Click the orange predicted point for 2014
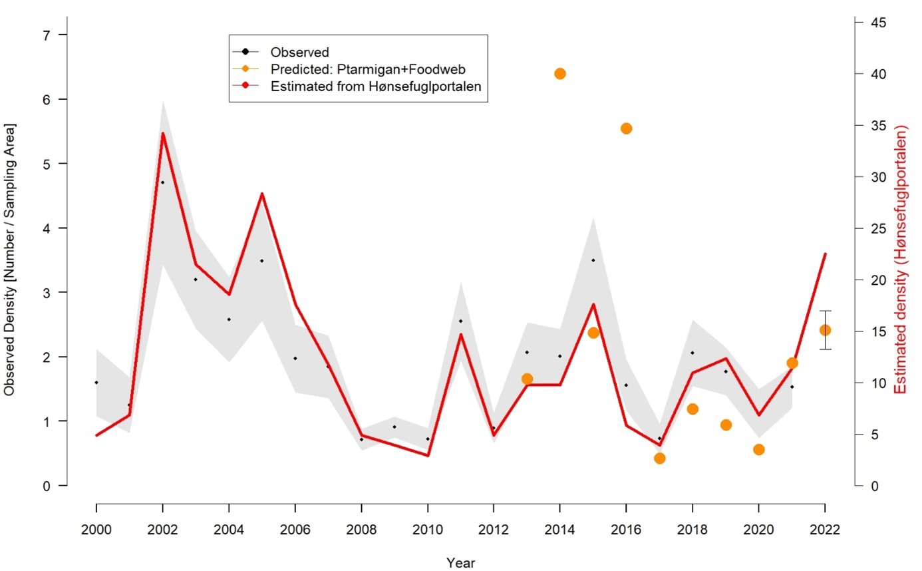click(x=559, y=73)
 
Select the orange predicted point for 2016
click(x=626, y=128)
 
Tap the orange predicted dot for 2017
click(x=659, y=458)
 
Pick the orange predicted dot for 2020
click(x=758, y=449)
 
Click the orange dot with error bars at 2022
click(x=825, y=330)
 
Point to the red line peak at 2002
click(x=162, y=133)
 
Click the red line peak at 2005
click(x=262, y=194)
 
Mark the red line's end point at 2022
click(x=825, y=254)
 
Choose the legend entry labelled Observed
click(x=299, y=52)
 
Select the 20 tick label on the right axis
click(x=879, y=280)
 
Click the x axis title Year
click(x=460, y=562)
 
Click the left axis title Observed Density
click(x=10, y=260)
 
